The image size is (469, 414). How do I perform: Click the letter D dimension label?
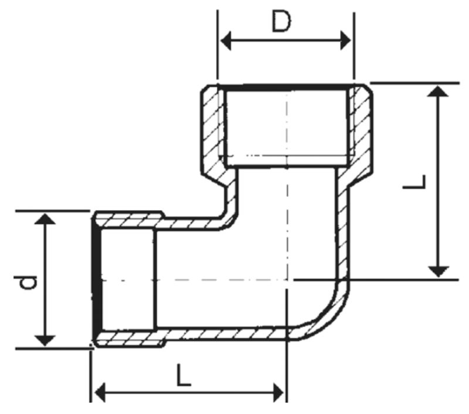(281, 22)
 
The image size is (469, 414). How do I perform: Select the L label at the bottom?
(183, 375)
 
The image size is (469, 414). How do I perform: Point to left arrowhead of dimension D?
(226, 40)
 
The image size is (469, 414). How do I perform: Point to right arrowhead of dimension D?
(345, 40)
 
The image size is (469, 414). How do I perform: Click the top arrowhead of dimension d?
(45, 218)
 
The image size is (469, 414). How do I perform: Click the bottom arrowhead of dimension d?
(45, 341)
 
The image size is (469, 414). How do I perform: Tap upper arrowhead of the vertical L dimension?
(438, 91)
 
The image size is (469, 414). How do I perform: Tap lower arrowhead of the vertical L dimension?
(438, 272)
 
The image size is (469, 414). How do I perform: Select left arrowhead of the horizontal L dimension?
(100, 392)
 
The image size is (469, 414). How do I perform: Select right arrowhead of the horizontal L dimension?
(278, 392)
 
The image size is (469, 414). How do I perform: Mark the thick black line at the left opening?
(96, 279)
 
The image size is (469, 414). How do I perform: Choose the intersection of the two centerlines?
(287, 280)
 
